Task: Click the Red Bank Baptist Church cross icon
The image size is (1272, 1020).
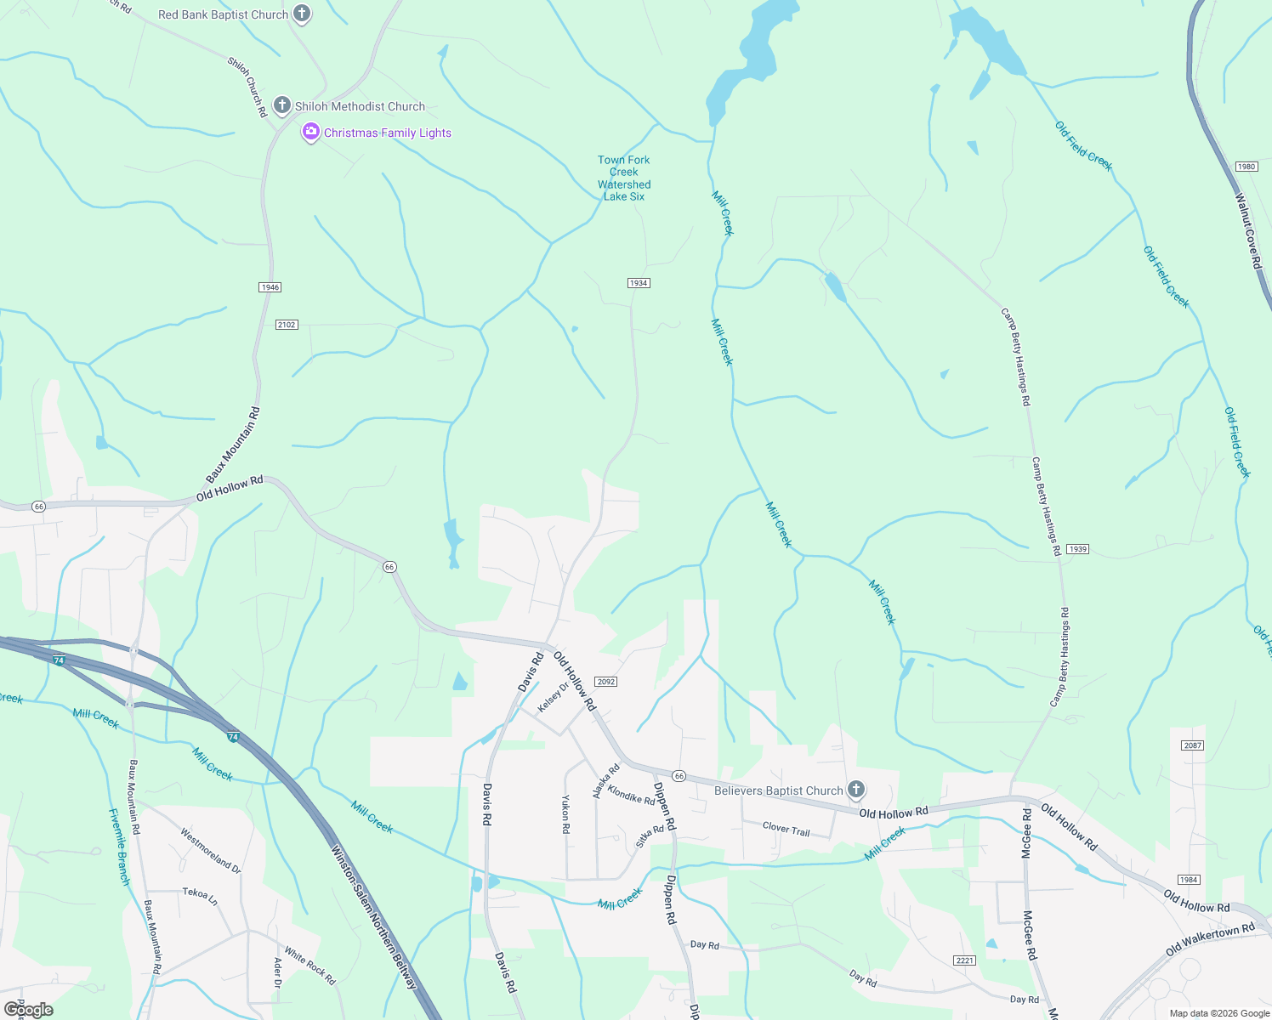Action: pos(301,14)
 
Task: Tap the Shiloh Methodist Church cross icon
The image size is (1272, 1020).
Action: pos(282,105)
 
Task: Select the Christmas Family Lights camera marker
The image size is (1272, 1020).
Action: pos(310,132)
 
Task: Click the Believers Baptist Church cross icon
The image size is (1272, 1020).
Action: pos(856,790)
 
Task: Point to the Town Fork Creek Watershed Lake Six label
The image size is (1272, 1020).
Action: pos(624,178)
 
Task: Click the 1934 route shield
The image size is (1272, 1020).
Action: pos(639,283)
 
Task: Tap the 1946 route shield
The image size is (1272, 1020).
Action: pos(270,287)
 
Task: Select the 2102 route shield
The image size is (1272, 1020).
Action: pos(287,325)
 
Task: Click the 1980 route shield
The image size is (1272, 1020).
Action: pos(1246,167)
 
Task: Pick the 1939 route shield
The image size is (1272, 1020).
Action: pos(1077,549)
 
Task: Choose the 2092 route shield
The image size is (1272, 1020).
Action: pos(605,682)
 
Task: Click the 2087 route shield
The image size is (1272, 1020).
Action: pos(1193,745)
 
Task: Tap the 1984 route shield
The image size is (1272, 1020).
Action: pos(1189,880)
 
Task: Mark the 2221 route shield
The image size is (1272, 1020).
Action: pos(964,960)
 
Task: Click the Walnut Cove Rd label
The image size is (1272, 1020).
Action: pos(1248,232)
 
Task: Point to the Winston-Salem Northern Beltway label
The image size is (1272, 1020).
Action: pos(374,916)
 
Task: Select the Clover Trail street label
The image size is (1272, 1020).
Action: pos(786,828)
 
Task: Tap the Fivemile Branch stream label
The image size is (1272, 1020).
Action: pos(119,847)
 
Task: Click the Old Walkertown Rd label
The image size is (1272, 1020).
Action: pos(1210,938)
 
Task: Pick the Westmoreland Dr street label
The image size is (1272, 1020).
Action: pos(210,851)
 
